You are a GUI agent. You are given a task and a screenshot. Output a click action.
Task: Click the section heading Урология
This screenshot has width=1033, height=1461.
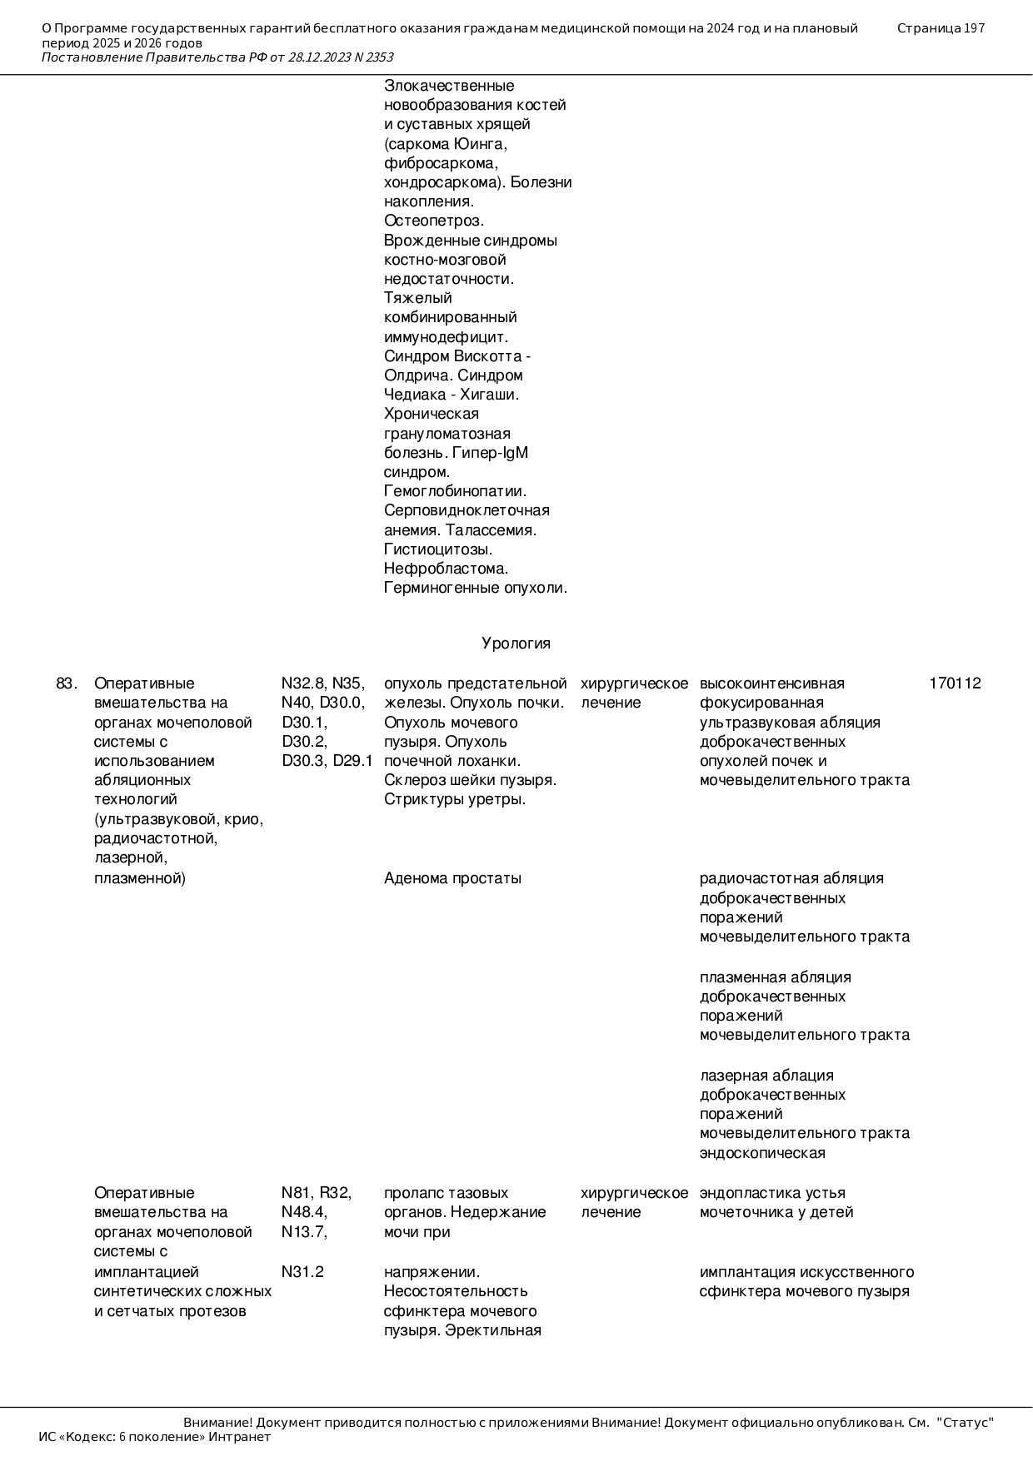pyautogui.click(x=516, y=644)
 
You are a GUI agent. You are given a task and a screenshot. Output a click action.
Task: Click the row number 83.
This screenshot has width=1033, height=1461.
pyautogui.click(x=67, y=683)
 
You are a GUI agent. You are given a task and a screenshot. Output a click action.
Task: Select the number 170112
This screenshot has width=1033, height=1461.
pyautogui.click(x=955, y=683)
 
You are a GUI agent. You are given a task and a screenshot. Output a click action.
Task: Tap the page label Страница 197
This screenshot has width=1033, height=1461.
pyautogui.click(x=941, y=28)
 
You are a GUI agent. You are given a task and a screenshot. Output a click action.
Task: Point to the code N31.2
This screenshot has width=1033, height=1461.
pyautogui.click(x=302, y=1272)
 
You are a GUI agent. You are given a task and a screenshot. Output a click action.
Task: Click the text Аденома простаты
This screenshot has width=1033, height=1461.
pyautogui.click(x=452, y=878)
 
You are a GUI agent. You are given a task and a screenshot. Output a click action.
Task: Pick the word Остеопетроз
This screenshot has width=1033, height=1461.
pyautogui.click(x=433, y=221)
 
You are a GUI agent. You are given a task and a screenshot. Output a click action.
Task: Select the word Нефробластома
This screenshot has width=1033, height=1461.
pyautogui.click(x=446, y=569)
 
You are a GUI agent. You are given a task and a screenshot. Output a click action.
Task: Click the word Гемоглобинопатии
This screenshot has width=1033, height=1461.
pyautogui.click(x=455, y=491)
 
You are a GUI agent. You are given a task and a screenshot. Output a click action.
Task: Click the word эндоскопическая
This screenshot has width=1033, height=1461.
pyautogui.click(x=762, y=1153)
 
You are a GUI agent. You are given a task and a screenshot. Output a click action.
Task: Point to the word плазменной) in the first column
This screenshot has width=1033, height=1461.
pyautogui.click(x=139, y=878)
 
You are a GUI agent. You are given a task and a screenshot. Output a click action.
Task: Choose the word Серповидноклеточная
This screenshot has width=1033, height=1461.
pyautogui.click(x=467, y=510)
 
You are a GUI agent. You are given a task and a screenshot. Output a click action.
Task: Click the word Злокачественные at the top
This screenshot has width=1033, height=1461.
pyautogui.click(x=449, y=86)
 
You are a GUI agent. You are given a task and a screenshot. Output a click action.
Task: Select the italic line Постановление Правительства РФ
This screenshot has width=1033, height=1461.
pyautogui.click(x=217, y=57)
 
